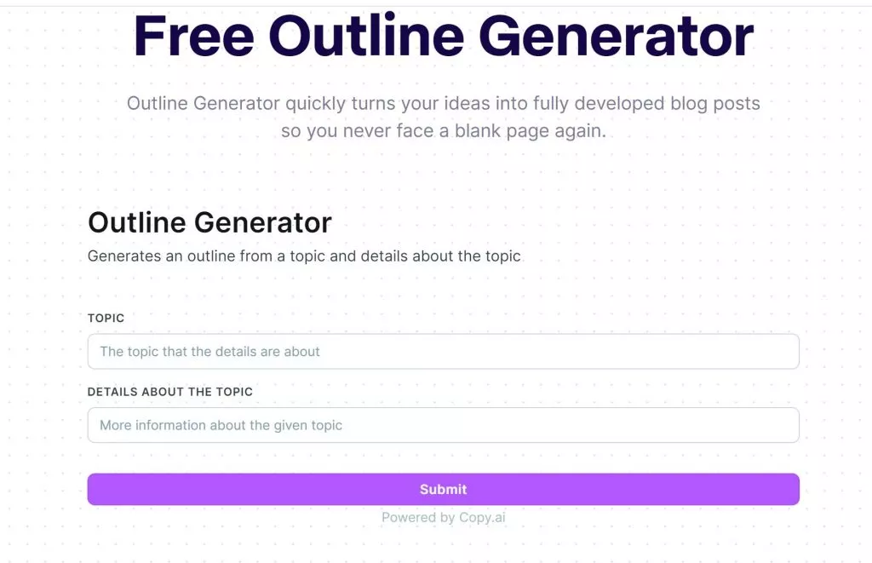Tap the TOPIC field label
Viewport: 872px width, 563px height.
(106, 318)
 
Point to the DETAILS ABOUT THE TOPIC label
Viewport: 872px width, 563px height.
(170, 392)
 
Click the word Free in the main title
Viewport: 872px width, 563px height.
(193, 36)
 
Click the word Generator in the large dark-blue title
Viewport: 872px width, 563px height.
(616, 36)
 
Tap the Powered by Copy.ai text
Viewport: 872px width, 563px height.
(443, 517)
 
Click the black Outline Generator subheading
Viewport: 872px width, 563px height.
(209, 222)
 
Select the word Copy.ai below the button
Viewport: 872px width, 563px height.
(482, 517)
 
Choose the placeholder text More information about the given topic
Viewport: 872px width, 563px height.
(221, 425)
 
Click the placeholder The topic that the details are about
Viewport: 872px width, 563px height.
(209, 351)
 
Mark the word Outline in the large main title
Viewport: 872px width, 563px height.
(366, 36)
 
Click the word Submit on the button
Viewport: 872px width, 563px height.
(443, 489)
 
